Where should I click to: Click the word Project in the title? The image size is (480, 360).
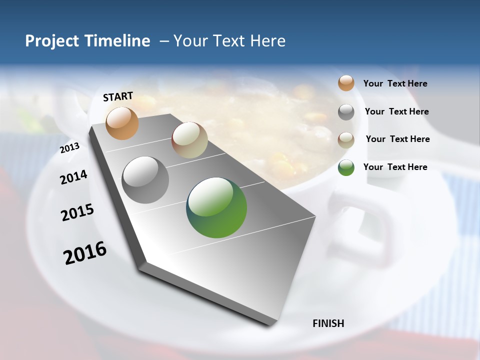click(x=46, y=41)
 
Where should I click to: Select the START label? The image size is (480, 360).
click(x=118, y=96)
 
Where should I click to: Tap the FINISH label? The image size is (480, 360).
click(x=328, y=323)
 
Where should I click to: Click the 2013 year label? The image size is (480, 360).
click(x=69, y=148)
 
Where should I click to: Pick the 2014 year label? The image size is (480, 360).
click(x=73, y=177)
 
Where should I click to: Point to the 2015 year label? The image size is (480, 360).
click(x=77, y=212)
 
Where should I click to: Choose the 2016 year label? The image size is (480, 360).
click(x=85, y=253)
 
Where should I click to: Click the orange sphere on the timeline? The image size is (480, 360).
click(x=122, y=123)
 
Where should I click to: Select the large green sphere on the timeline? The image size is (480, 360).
click(x=216, y=207)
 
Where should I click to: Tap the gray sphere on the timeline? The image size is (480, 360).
click(x=145, y=180)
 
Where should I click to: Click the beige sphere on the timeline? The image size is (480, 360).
click(x=189, y=140)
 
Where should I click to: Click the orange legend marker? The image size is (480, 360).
click(x=346, y=83)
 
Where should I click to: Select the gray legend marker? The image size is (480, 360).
click(x=346, y=111)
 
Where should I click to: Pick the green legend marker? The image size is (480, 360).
click(x=346, y=167)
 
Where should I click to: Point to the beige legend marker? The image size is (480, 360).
click(x=346, y=139)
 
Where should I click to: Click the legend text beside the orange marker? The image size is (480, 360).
click(x=395, y=84)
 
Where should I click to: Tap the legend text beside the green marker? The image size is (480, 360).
click(x=395, y=167)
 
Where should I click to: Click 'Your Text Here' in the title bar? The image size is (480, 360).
click(x=229, y=41)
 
